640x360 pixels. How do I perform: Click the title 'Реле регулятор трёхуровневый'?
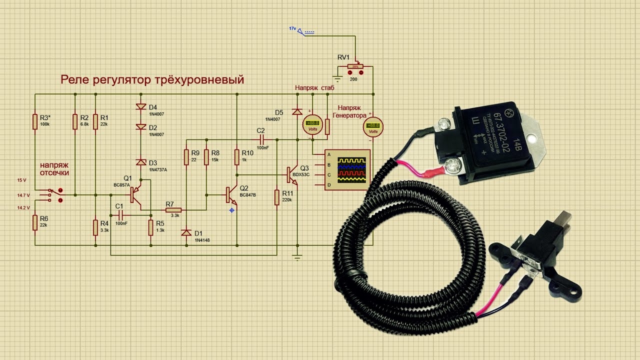(x=152, y=79)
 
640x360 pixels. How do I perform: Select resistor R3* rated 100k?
(x=35, y=121)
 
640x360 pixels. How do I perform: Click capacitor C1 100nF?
(x=120, y=214)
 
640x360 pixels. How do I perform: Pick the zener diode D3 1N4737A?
(x=140, y=162)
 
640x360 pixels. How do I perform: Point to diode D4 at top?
(x=140, y=107)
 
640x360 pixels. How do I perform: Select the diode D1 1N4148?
(x=186, y=232)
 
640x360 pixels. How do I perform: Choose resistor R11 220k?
(x=276, y=197)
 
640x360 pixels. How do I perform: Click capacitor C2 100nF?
(x=261, y=138)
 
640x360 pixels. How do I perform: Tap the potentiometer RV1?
(x=356, y=65)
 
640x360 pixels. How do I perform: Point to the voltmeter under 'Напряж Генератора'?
(x=372, y=125)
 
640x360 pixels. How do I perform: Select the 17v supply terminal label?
(x=292, y=28)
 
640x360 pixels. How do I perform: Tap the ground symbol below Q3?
(x=297, y=257)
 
